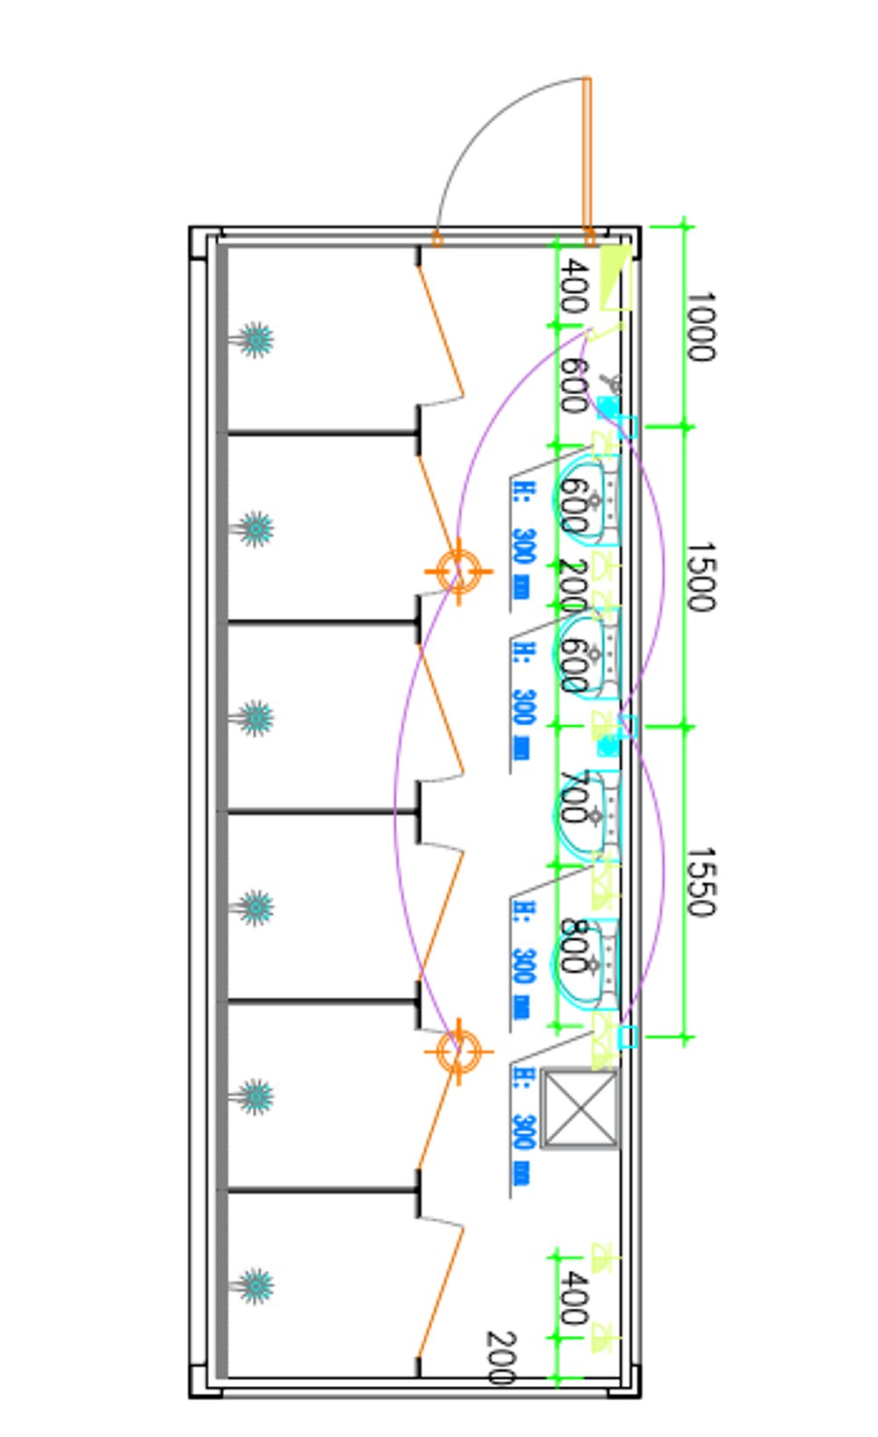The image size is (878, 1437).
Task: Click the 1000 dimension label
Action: [700, 327]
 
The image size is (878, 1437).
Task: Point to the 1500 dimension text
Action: [700, 577]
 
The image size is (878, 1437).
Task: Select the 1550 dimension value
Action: [700, 882]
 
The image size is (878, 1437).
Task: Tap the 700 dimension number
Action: [572, 797]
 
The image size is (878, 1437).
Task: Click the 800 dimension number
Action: [572, 945]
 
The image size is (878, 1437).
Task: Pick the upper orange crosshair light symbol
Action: [457, 571]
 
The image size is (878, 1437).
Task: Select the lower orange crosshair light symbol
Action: [457, 1051]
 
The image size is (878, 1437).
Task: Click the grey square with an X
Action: [579, 1108]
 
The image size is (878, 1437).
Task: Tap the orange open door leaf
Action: [587, 158]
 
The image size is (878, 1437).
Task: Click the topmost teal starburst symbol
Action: [255, 340]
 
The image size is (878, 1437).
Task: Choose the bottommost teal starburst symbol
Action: [255, 1286]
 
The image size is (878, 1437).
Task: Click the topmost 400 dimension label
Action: [572, 287]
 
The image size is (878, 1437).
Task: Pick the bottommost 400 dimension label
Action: [572, 1297]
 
